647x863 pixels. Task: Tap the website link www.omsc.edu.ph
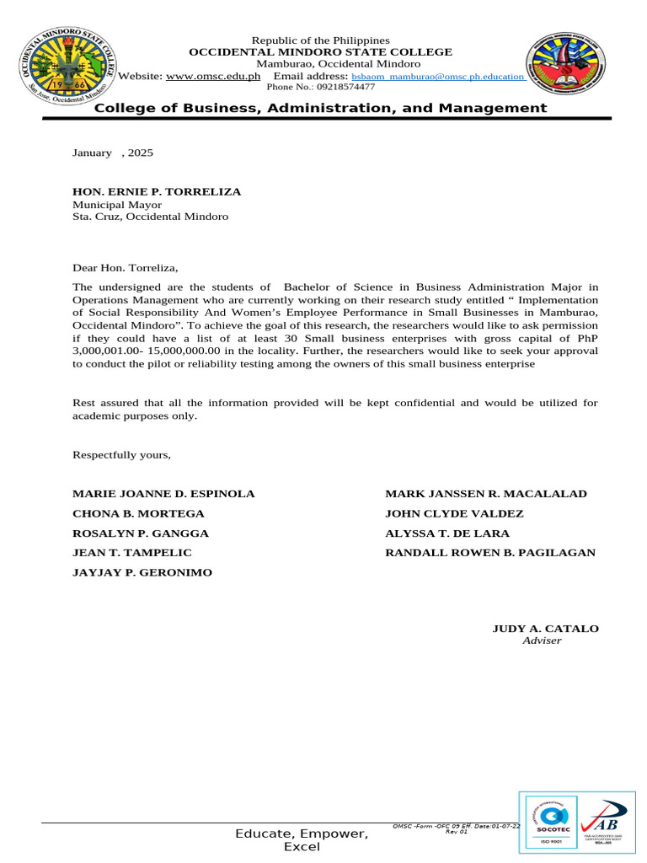[x=213, y=77]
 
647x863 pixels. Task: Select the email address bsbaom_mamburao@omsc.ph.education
[x=438, y=77]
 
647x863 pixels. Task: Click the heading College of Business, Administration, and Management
[x=320, y=108]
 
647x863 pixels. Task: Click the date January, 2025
[x=113, y=153]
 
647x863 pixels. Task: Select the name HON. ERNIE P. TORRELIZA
[x=157, y=191]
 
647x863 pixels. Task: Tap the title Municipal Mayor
[x=117, y=204]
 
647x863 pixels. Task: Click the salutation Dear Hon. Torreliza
[x=126, y=268]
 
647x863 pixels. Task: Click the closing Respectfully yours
[x=121, y=455]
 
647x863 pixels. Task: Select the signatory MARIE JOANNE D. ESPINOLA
[x=163, y=494]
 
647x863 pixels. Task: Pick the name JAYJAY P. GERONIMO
[x=142, y=572]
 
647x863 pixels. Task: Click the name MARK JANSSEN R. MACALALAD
[x=486, y=494]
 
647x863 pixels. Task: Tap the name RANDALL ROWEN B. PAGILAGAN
[x=489, y=553]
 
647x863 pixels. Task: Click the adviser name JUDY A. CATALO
[x=545, y=629]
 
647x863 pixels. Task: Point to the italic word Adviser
[x=542, y=641]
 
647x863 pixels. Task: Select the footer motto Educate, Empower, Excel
[x=302, y=839]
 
